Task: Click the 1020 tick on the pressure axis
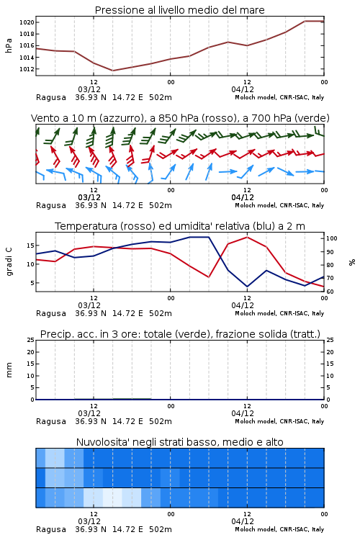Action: pos(27,22)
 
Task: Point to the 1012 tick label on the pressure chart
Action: pos(27,69)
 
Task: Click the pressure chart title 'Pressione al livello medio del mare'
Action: pos(180,10)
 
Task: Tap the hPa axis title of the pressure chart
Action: pos(9,45)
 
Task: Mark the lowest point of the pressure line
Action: pos(112,71)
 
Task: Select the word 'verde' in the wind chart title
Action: pos(312,118)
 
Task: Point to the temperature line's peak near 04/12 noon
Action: pos(247,237)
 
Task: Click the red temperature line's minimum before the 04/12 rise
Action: pos(208,277)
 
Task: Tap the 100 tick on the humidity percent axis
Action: pos(332,238)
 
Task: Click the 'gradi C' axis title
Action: pos(9,261)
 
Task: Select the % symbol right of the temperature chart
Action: pos(352,262)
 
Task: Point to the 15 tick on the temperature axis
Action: pos(30,246)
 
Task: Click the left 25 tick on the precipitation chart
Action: pos(30,340)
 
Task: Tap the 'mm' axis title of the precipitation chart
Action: pos(9,370)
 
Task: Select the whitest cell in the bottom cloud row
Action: pos(112,498)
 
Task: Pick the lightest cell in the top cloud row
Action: pos(55,458)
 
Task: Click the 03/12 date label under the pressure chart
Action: pos(89,89)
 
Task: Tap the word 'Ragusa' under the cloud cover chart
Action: pos(51,529)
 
